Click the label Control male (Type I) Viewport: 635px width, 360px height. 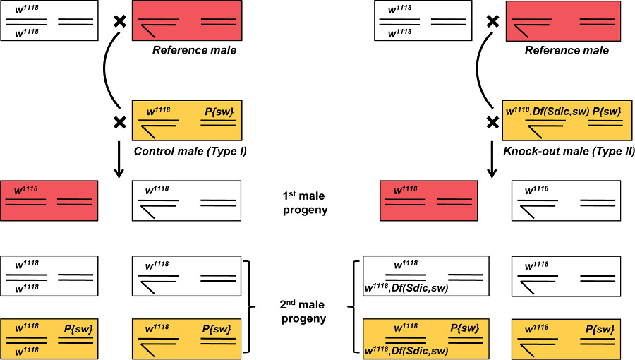click(x=190, y=152)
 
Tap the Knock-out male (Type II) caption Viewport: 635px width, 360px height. click(x=569, y=152)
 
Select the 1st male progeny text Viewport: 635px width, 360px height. click(x=305, y=203)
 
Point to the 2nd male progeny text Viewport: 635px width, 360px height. click(x=303, y=312)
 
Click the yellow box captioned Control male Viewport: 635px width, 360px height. click(x=187, y=120)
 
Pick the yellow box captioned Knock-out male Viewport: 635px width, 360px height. click(x=567, y=120)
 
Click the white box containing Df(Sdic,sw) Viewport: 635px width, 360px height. click(x=426, y=276)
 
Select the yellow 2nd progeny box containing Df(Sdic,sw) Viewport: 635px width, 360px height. click(x=426, y=339)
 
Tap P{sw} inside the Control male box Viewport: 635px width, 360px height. click(x=219, y=112)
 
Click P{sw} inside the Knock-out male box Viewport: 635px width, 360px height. click(x=607, y=112)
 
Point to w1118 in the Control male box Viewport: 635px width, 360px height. click(x=158, y=111)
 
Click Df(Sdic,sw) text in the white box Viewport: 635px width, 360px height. click(x=420, y=288)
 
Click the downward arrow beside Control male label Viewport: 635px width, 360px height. click(x=119, y=160)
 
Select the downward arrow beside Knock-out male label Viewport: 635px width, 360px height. click(x=492, y=160)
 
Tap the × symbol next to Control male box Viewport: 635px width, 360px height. click(x=120, y=122)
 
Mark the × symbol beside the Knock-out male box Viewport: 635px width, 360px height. click(x=493, y=122)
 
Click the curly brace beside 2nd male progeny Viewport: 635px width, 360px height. click(x=351, y=307)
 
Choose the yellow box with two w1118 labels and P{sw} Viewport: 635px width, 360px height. click(x=49, y=339)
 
